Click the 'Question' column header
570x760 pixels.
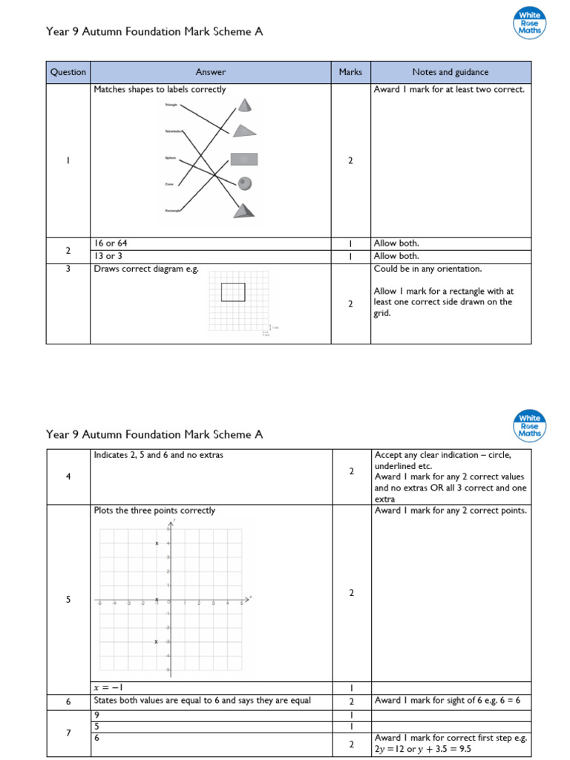68,72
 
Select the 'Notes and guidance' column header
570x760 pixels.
451,72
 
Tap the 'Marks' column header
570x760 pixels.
350,72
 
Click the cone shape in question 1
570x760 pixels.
244,104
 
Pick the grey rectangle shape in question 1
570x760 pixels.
243,158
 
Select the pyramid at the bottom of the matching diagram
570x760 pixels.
245,210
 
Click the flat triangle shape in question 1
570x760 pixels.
244,131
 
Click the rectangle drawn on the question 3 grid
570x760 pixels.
233,292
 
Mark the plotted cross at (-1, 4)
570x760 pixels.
157,544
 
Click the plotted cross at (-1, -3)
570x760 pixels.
157,642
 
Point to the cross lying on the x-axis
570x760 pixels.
157,600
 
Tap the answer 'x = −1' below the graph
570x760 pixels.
108,687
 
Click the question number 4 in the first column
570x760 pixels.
68,476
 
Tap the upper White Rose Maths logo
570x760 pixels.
529,23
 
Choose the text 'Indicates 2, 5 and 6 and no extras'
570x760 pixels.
158,455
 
